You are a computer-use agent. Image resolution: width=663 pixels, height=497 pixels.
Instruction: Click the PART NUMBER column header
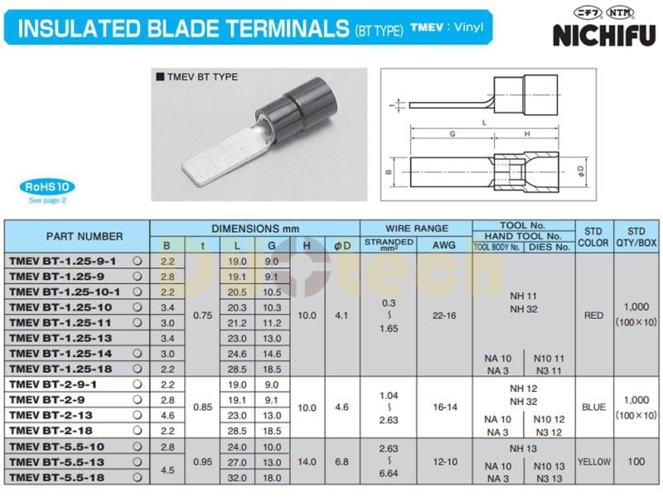pos(77,236)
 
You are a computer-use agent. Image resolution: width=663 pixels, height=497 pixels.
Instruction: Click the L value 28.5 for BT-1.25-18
pos(237,369)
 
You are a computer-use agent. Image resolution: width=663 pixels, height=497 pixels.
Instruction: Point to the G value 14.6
pos(271,353)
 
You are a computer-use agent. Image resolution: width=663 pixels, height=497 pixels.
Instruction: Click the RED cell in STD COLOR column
pos(593,315)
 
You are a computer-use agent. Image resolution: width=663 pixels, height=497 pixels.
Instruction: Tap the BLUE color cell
pos(593,407)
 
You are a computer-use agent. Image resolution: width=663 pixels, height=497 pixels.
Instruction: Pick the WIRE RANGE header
pos(416,228)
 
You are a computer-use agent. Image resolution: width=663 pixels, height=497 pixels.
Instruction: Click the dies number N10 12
pos(548,419)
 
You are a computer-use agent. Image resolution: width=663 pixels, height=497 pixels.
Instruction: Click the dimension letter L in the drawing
pos(482,121)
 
